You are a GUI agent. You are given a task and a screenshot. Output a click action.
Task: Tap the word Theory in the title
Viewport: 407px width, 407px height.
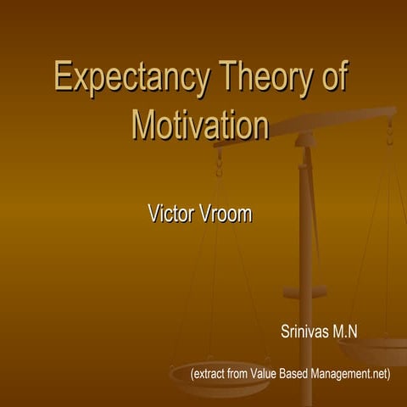tap(256, 79)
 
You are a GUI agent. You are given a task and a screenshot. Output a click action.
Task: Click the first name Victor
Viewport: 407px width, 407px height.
tap(173, 214)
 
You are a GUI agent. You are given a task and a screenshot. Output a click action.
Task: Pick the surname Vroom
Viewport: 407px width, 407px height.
tap(227, 214)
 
